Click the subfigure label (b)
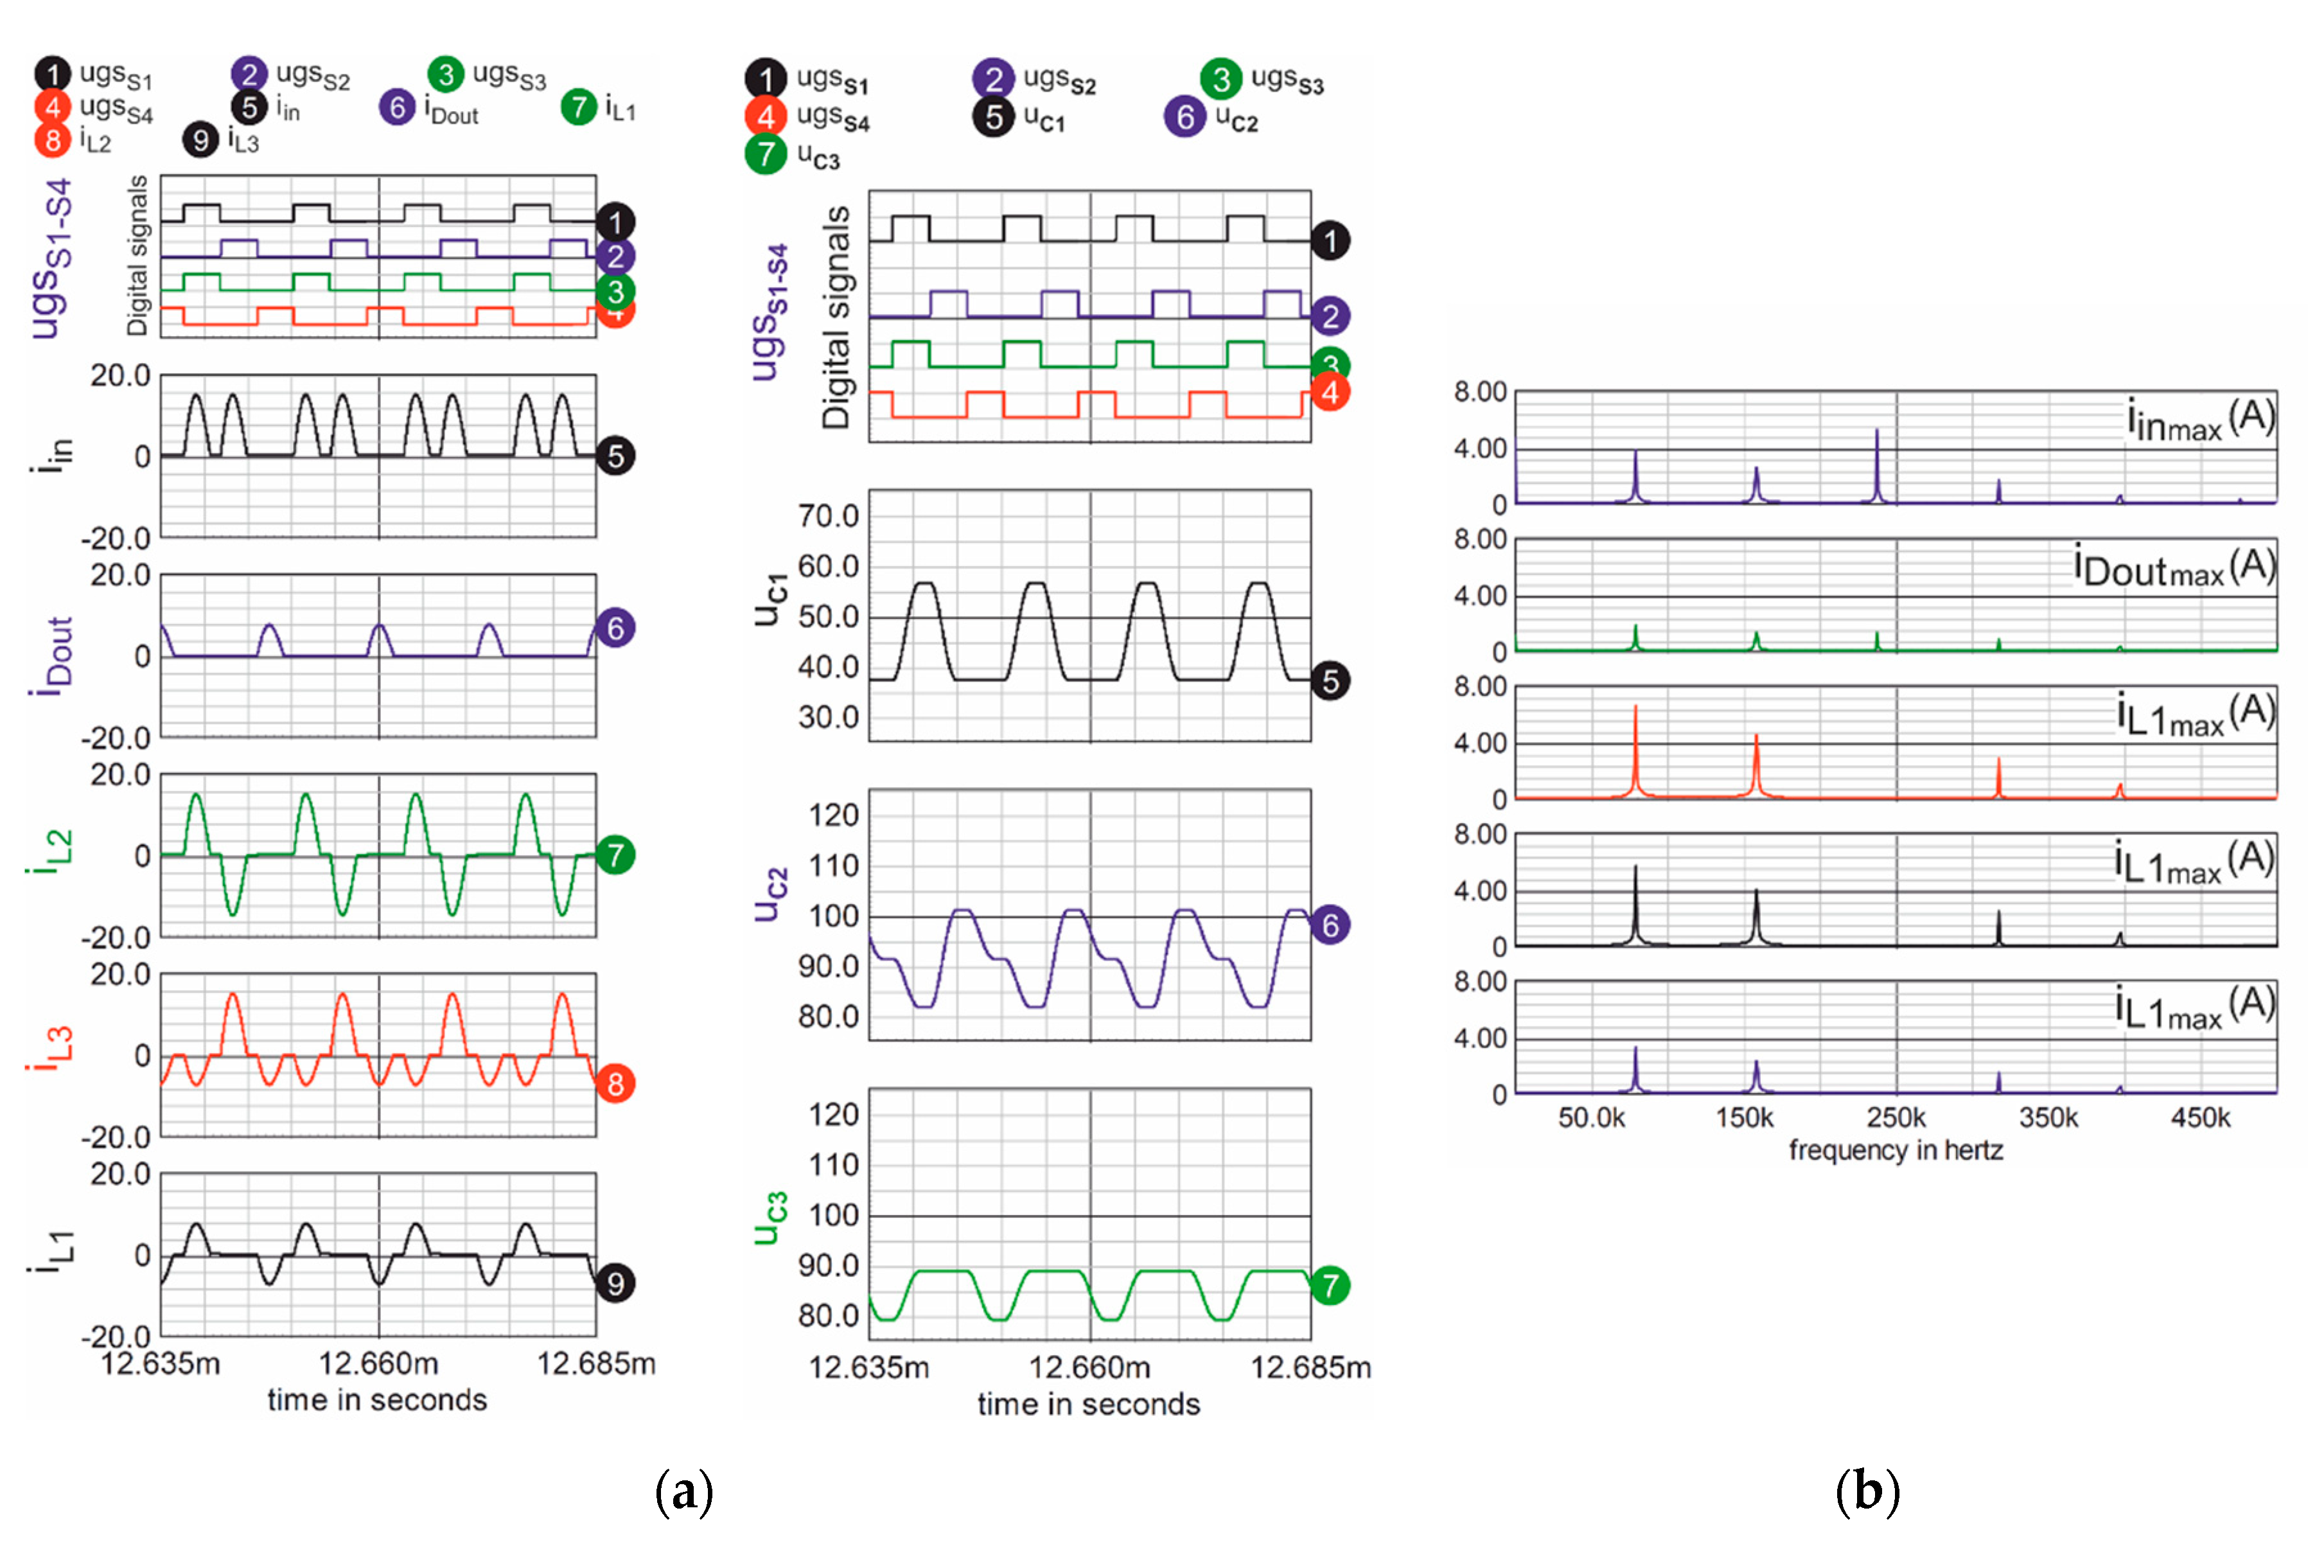coord(1867,1492)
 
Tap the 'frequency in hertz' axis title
coord(1895,1149)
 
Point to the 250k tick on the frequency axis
coord(1896,1118)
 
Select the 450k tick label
coord(2200,1118)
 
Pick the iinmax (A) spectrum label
coord(2200,420)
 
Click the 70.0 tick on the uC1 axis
coord(829,515)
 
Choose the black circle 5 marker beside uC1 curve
coord(1330,680)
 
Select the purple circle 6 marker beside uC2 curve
coord(1330,925)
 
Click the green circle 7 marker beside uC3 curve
coord(1330,1284)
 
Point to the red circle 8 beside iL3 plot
coord(615,1084)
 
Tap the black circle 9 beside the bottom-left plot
coord(615,1282)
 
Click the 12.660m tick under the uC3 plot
coord(1089,1367)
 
